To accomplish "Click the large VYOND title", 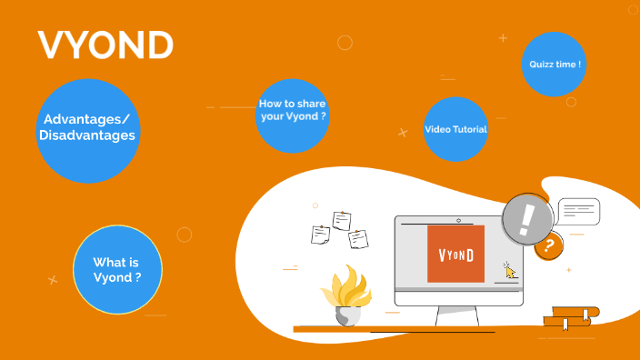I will [105, 45].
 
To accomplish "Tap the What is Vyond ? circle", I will [117, 270].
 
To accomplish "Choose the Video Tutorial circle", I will [456, 129].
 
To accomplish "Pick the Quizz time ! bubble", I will [555, 65].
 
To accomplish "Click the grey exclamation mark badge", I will [527, 219].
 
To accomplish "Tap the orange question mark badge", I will [548, 246].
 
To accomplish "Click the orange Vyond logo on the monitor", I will [455, 254].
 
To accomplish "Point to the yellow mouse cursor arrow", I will [510, 270].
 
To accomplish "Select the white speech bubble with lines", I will [578, 212].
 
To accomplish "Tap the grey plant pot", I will [347, 315].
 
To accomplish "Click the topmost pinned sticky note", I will [342, 220].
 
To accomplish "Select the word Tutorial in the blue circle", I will [471, 129].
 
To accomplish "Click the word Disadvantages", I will [87, 136].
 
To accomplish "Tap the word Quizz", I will [544, 65].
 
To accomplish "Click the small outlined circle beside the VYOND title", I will [345, 43].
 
